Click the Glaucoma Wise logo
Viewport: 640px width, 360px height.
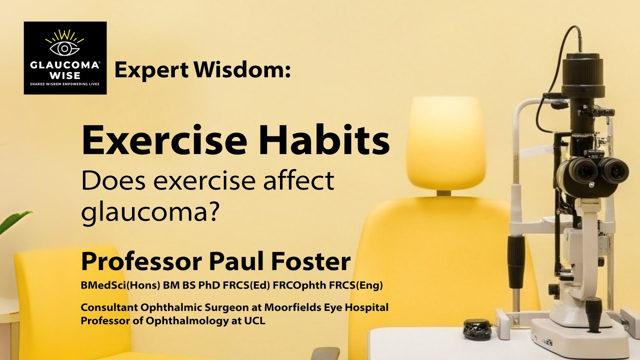pos(65,58)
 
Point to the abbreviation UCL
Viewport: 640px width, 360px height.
pos(255,320)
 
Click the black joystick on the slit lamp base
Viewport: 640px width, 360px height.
pos(593,312)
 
